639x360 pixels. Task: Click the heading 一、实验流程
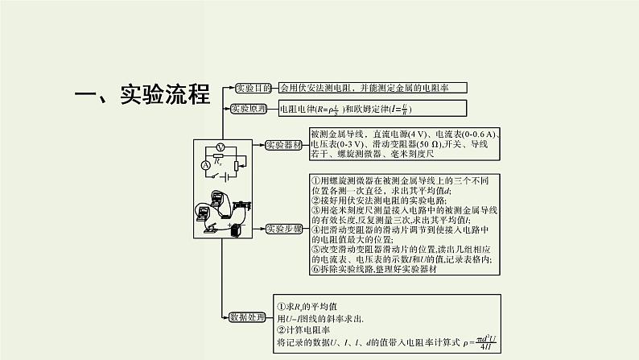(x=142, y=94)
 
